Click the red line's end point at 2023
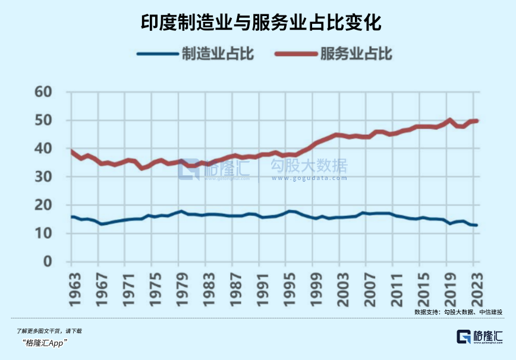[476, 121]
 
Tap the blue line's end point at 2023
[476, 225]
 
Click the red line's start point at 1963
[72, 151]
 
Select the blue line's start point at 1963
[72, 217]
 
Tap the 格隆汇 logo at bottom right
[479, 337]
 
